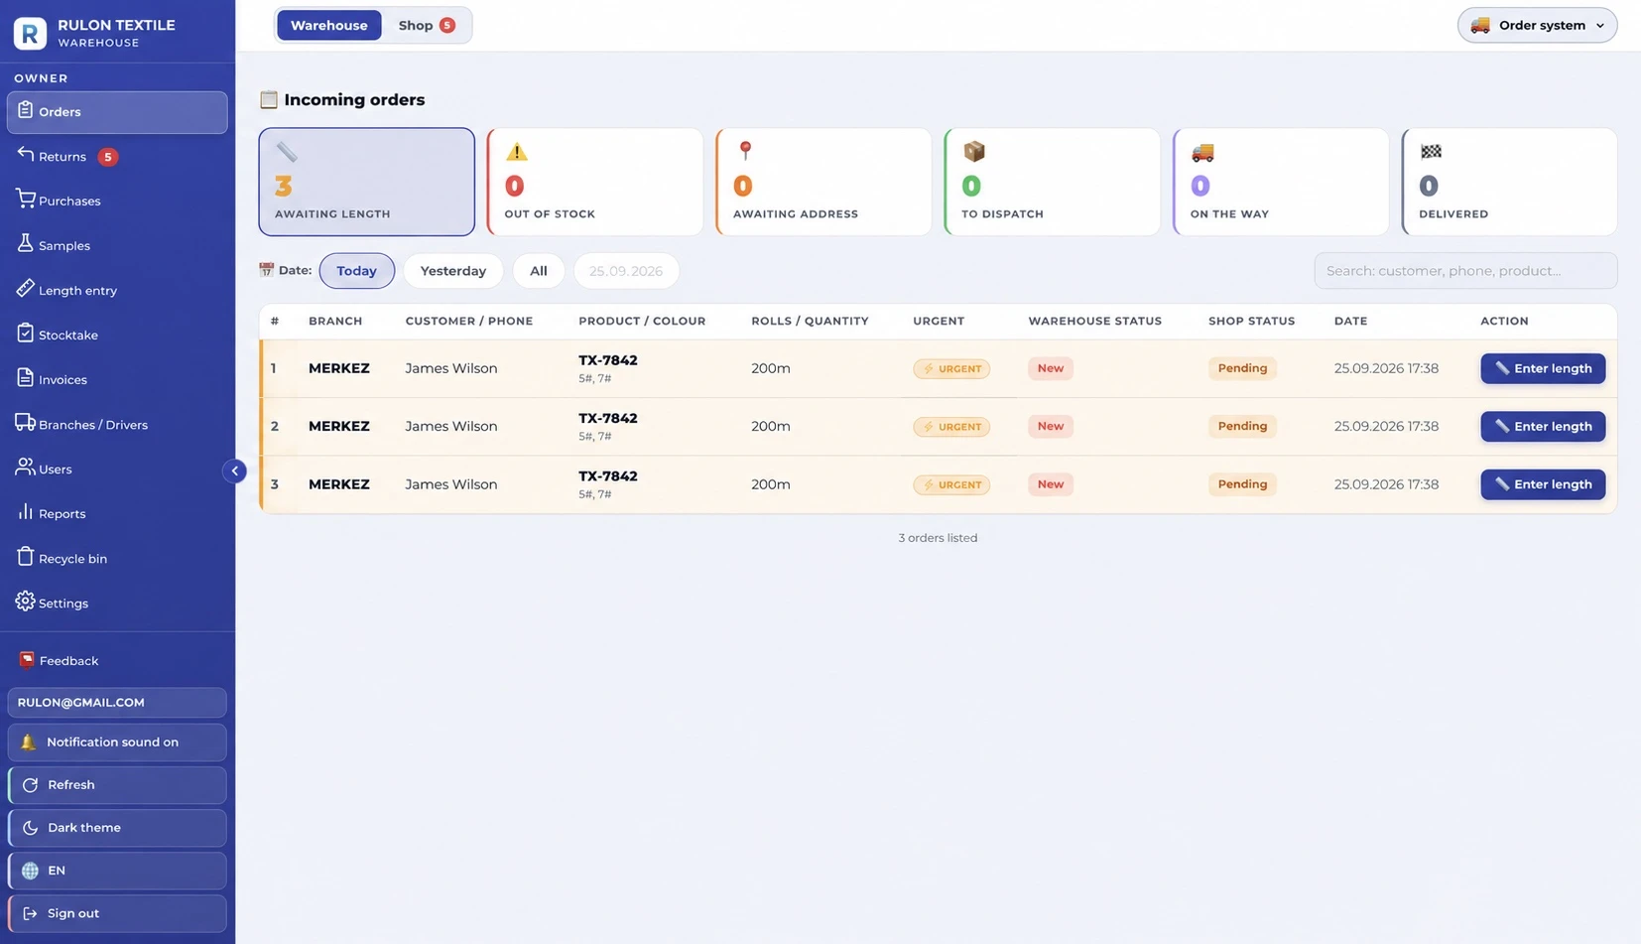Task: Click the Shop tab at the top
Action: coord(427,25)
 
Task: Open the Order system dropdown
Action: coord(1537,25)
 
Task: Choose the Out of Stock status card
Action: coord(595,182)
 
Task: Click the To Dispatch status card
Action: coord(1052,182)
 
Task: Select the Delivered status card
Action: coord(1509,182)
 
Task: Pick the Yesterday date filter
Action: coord(452,270)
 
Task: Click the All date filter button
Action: coord(539,270)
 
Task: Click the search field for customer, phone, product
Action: coord(1465,270)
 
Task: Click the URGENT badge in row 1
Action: coord(950,368)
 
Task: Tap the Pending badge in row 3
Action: coord(1242,484)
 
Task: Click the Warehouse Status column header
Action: coord(1094,321)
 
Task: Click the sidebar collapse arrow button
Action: coord(234,471)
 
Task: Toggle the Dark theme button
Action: coord(117,828)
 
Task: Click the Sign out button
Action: coord(117,913)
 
